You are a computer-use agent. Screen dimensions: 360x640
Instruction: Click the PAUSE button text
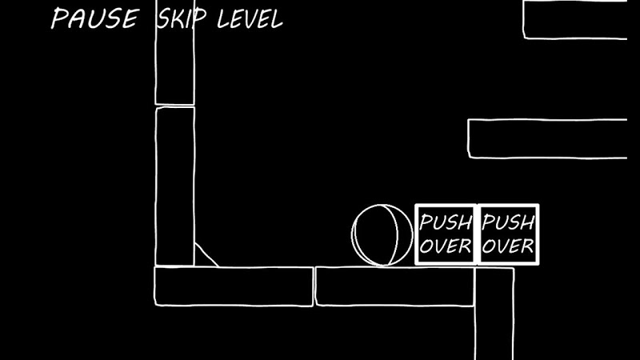click(94, 18)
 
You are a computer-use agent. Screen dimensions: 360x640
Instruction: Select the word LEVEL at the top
click(250, 19)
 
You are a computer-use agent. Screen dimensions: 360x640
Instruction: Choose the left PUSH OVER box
click(446, 234)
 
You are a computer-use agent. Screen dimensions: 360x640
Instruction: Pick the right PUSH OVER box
click(509, 234)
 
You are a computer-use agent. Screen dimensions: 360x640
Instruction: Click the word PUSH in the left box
click(446, 222)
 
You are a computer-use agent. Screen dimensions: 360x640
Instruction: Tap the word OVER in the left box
click(446, 246)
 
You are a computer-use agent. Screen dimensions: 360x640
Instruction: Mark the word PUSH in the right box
click(509, 222)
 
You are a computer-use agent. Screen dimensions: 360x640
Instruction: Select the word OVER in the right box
click(509, 246)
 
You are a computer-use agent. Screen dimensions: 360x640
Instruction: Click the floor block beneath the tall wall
click(233, 286)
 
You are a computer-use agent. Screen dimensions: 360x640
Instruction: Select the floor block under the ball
click(394, 286)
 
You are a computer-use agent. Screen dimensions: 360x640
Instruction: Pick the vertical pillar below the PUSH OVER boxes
click(494, 316)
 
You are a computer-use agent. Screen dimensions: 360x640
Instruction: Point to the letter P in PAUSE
click(58, 18)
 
